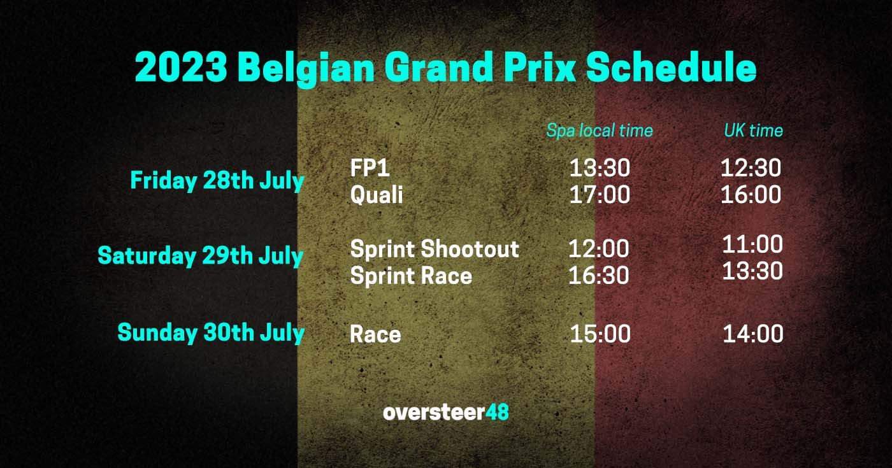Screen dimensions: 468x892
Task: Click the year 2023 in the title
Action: click(x=181, y=67)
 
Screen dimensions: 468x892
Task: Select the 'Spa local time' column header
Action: click(x=600, y=131)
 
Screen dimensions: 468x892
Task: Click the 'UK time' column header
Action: click(x=753, y=131)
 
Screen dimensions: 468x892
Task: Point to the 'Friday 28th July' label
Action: click(x=217, y=181)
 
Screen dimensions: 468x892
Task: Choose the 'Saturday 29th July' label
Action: click(x=200, y=256)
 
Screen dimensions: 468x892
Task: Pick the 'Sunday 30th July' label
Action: click(x=211, y=333)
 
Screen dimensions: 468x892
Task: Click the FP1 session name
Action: click(x=370, y=168)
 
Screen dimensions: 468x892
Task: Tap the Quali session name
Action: click(x=377, y=195)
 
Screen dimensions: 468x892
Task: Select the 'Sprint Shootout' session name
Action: click(x=435, y=249)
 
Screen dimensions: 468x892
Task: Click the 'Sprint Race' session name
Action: click(x=411, y=276)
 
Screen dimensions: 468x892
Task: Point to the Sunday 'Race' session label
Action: click(x=375, y=334)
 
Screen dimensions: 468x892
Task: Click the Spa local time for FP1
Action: click(x=600, y=168)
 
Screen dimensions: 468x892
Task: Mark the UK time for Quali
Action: click(x=751, y=195)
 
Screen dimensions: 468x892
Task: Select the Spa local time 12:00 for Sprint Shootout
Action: click(x=599, y=249)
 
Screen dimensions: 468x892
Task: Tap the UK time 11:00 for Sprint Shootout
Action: click(x=752, y=245)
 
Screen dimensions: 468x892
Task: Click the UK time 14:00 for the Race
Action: click(x=752, y=334)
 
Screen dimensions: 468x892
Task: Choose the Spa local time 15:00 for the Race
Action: click(x=600, y=334)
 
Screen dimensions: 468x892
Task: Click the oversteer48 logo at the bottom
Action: click(x=446, y=413)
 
